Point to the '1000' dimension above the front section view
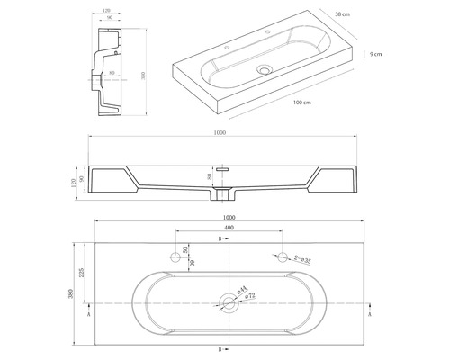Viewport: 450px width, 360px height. click(221, 134)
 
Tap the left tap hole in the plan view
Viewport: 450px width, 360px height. click(175, 256)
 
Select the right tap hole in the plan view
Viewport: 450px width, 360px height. click(283, 256)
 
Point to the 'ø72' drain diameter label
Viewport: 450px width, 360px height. click(246, 296)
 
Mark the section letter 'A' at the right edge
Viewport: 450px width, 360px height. click(371, 317)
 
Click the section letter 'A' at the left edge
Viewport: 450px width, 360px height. click(86, 317)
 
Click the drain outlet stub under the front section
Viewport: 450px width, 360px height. click(227, 196)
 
